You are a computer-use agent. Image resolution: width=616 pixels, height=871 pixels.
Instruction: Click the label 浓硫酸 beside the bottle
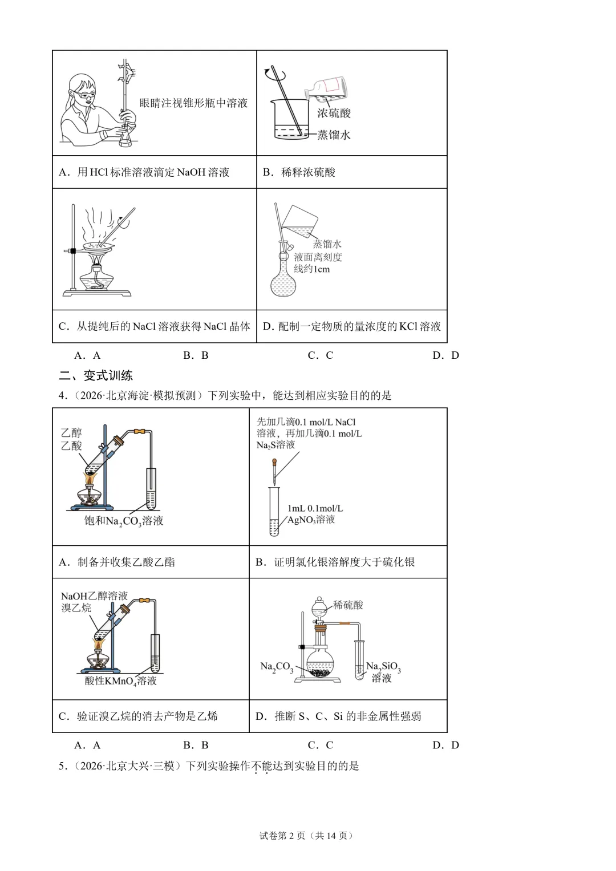(x=334, y=113)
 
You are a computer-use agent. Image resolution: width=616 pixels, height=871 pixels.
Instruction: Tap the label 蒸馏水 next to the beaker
(x=334, y=135)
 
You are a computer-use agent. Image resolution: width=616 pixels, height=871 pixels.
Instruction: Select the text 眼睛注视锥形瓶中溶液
(x=194, y=103)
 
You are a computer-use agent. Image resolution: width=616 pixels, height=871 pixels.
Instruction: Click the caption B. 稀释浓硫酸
(x=299, y=172)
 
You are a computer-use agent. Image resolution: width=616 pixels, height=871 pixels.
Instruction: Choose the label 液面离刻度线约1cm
(x=318, y=263)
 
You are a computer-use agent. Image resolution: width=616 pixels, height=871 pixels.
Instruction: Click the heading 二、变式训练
(x=96, y=376)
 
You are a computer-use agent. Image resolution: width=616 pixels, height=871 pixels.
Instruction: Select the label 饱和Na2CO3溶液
(x=124, y=521)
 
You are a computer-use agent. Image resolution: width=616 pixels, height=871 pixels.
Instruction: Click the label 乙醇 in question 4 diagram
(x=71, y=433)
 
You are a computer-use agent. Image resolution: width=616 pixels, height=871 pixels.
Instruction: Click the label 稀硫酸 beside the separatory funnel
(x=348, y=605)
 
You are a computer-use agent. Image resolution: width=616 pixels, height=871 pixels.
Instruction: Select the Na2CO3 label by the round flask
(x=277, y=667)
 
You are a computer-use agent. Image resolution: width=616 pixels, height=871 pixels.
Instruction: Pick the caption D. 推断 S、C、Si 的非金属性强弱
(x=338, y=716)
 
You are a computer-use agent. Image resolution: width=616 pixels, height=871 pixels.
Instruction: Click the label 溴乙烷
(x=76, y=607)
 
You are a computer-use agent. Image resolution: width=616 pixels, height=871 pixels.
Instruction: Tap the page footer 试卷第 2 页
(x=282, y=835)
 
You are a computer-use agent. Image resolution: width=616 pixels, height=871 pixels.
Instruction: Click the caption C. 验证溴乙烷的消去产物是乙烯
(x=138, y=716)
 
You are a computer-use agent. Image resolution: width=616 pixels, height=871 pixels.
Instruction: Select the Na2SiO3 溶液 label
(x=383, y=673)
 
